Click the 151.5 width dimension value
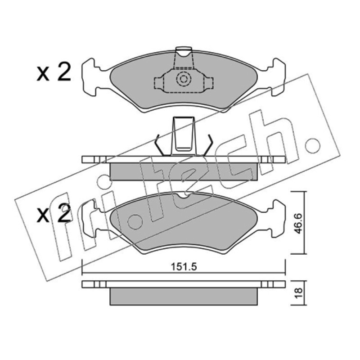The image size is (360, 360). (184, 267)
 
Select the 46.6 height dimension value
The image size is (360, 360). (298, 223)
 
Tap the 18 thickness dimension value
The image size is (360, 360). (298, 293)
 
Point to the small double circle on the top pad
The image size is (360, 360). (184, 79)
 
